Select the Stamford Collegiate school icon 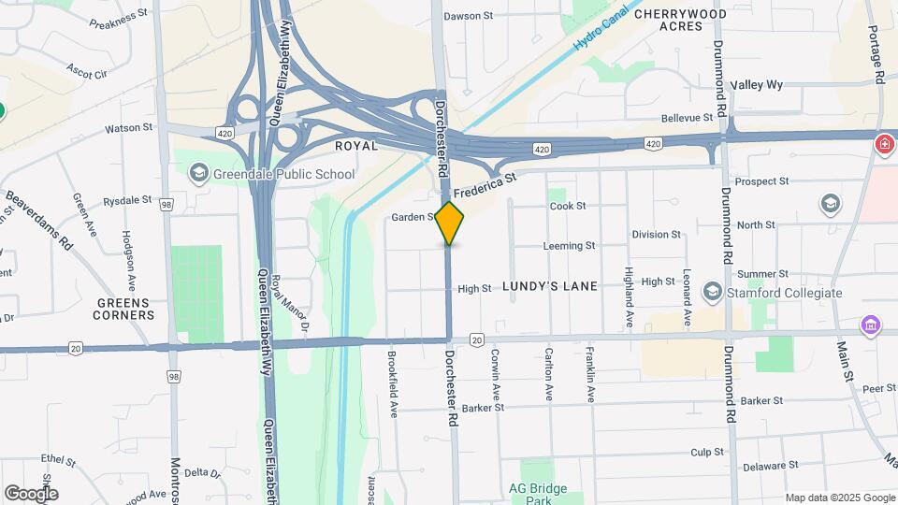pyautogui.click(x=712, y=293)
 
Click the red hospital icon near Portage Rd pyautogui.click(x=883, y=144)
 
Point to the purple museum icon pyautogui.click(x=871, y=325)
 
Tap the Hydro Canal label pyautogui.click(x=600, y=31)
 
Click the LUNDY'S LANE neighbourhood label pyautogui.click(x=550, y=286)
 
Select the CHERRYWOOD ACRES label pyautogui.click(x=680, y=20)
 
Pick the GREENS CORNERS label pyautogui.click(x=123, y=310)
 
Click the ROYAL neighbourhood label pyautogui.click(x=356, y=147)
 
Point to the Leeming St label pyautogui.click(x=569, y=246)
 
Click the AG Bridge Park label pyautogui.click(x=538, y=495)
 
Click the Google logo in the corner pyautogui.click(x=31, y=494)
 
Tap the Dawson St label pyautogui.click(x=468, y=16)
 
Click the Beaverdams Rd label pyautogui.click(x=39, y=220)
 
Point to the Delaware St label pyautogui.click(x=771, y=465)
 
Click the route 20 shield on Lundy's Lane pyautogui.click(x=477, y=339)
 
